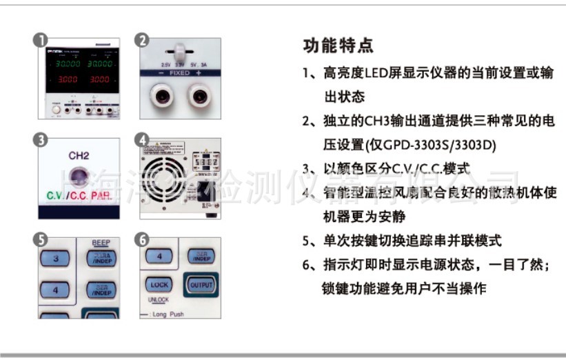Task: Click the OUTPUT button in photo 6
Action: (x=201, y=283)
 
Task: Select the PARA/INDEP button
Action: (x=102, y=259)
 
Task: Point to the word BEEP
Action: (x=101, y=243)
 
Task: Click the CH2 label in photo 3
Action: (x=79, y=157)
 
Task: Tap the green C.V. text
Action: (x=55, y=196)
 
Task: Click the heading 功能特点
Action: (x=338, y=46)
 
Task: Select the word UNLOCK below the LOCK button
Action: (x=159, y=300)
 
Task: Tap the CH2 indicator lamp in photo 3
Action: (x=79, y=176)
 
